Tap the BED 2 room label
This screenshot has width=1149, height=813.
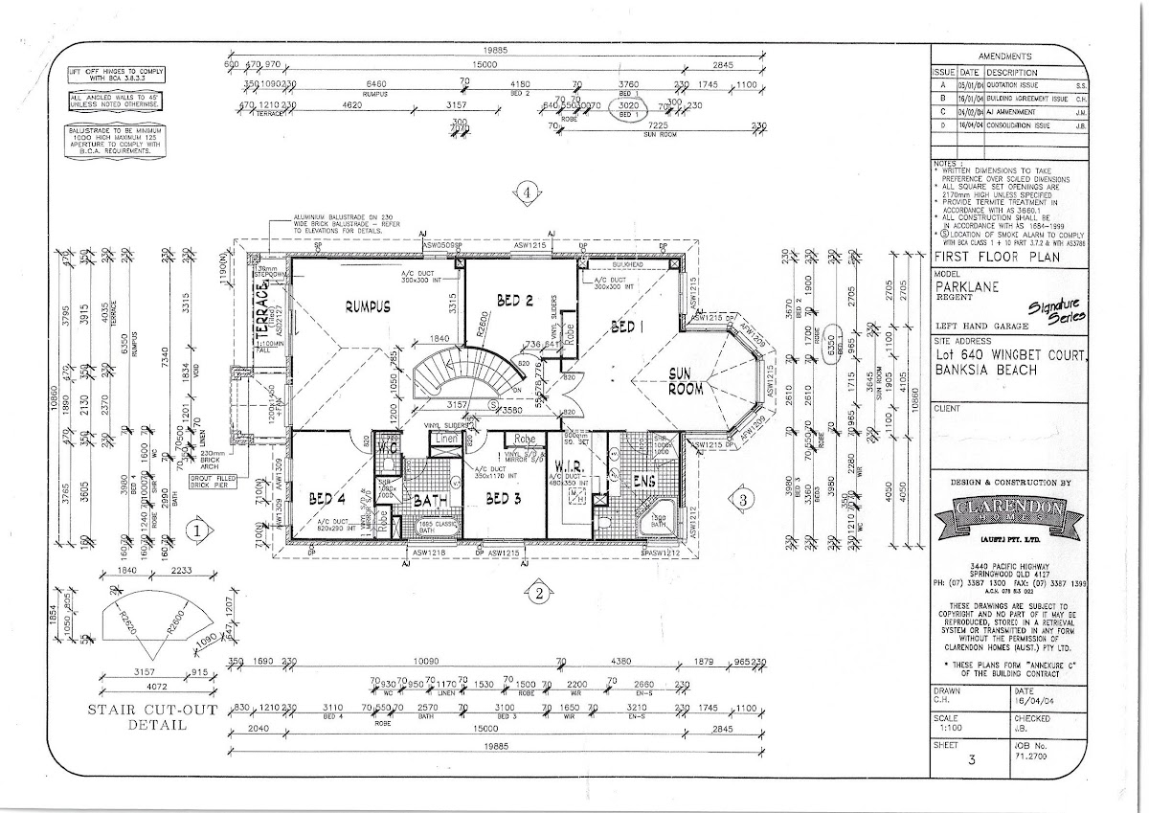point(514,301)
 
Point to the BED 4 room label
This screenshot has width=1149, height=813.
point(327,499)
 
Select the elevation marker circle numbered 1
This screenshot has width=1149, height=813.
point(196,529)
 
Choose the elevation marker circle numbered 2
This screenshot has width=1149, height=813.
point(539,593)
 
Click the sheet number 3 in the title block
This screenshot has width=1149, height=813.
point(972,762)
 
